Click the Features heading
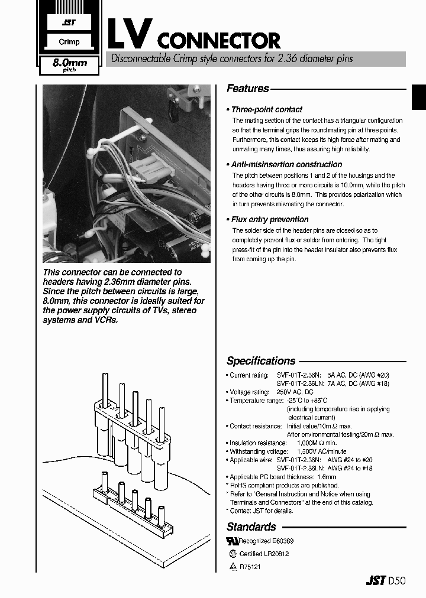248,89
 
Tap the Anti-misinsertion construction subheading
286,164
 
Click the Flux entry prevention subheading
270,219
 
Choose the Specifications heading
261,361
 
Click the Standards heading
251,526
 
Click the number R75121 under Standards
250,567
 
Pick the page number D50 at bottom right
396,580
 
